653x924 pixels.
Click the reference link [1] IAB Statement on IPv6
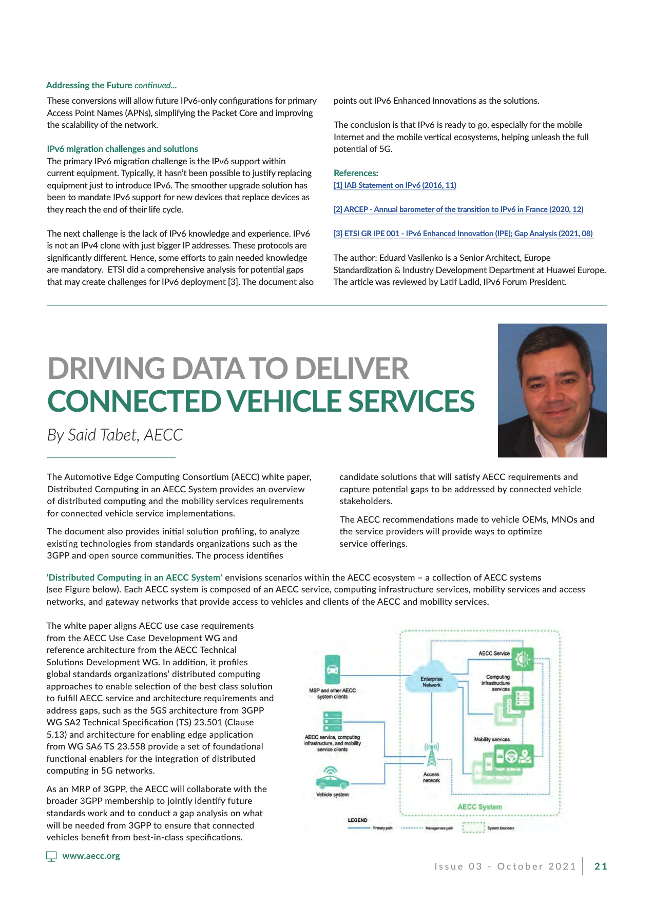tap(395, 185)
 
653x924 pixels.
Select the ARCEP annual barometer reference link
tap(458, 209)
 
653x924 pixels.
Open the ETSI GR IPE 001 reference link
tap(463, 234)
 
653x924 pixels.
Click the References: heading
tap(356, 173)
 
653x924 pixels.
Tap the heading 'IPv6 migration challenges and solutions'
tap(122, 149)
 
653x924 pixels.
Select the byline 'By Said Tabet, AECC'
tap(115, 435)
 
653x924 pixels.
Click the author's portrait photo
tap(552, 390)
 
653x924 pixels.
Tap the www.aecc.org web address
tap(91, 856)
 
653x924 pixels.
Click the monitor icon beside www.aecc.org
tap(51, 856)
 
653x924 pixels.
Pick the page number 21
tap(601, 867)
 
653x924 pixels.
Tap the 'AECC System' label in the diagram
tap(479, 806)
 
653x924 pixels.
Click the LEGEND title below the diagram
tap(357, 820)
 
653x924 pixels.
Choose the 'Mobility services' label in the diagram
tap(492, 739)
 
